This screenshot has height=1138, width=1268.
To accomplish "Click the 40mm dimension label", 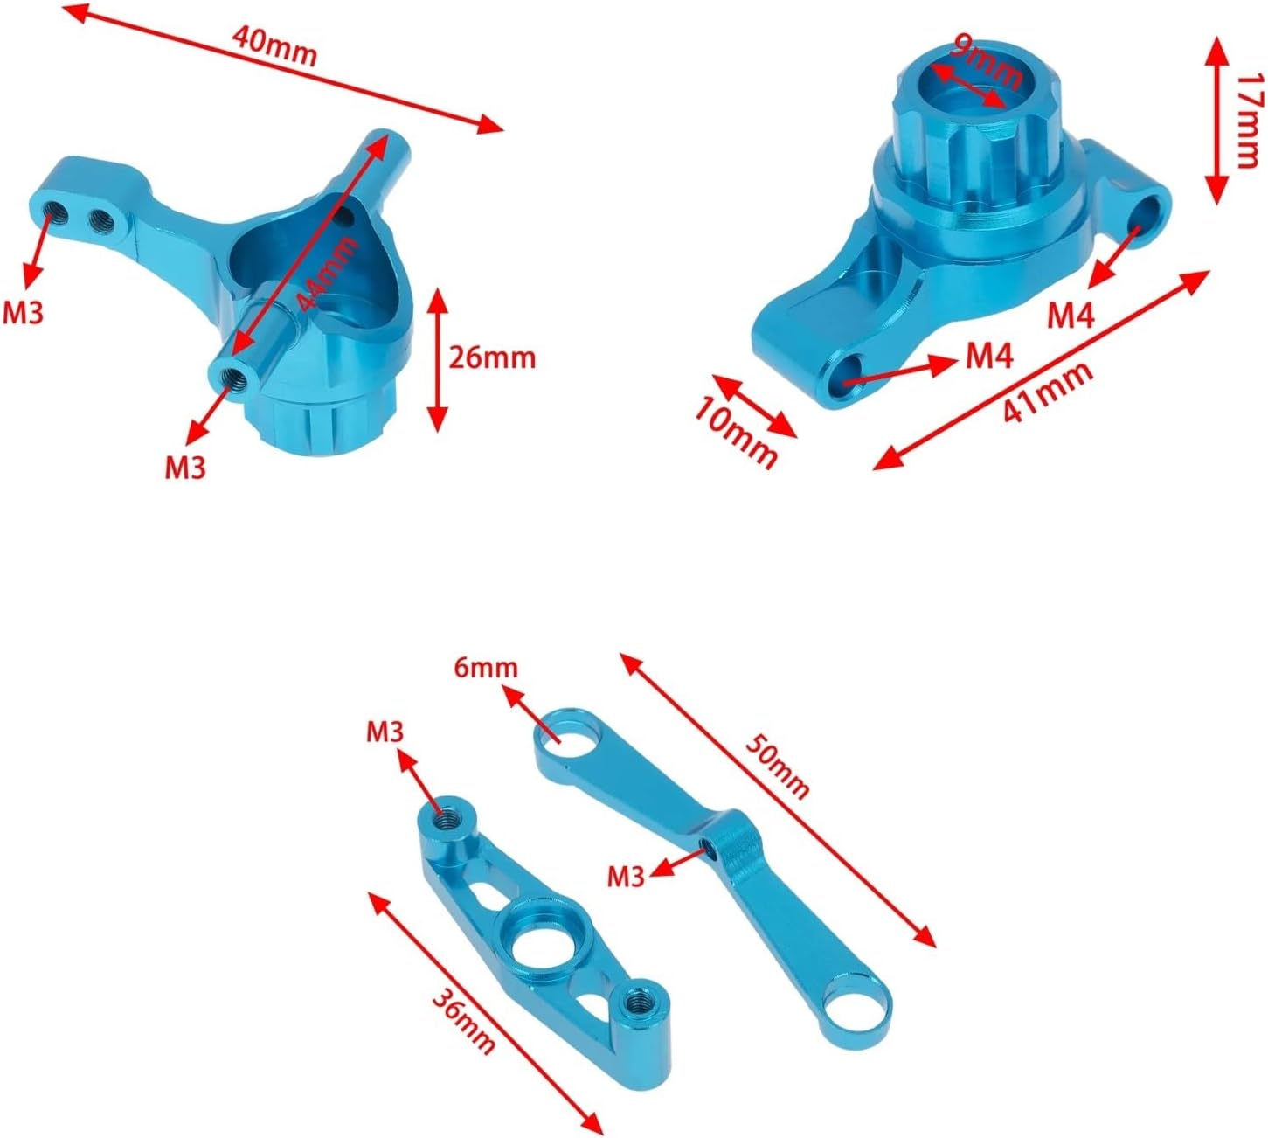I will pos(274,45).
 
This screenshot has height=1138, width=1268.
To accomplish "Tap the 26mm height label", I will pos(491,357).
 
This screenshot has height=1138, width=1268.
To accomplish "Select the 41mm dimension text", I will pos(1047,392).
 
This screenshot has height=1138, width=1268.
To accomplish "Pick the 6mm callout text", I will pos(485,668).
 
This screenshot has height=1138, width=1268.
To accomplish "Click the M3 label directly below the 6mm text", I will pos(385,732).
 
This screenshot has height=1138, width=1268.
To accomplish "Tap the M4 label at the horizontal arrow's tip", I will pos(989,355).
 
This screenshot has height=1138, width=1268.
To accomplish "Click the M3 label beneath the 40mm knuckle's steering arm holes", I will pos(23,312).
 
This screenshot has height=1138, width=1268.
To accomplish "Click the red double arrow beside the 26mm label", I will pos(437,359).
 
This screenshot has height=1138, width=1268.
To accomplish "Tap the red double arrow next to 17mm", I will pos(1214,121).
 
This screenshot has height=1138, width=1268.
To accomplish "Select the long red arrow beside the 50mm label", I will pos(778,799).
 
